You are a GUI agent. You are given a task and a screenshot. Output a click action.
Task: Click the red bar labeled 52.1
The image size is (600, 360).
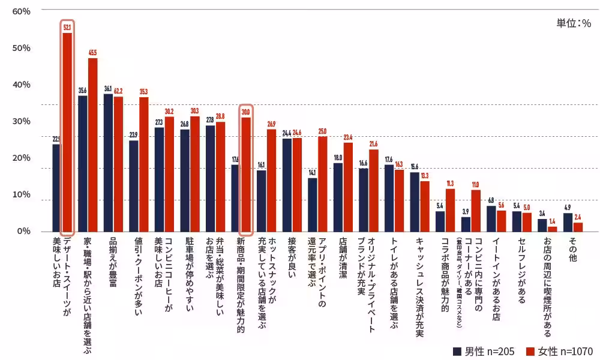coord(67,132)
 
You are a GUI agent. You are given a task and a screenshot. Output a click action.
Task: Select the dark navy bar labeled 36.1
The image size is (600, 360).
coord(108,163)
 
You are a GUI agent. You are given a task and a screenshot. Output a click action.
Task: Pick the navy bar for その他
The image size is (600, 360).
coord(568,222)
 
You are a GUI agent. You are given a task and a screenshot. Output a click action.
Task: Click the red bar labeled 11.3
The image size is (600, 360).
coord(450,210)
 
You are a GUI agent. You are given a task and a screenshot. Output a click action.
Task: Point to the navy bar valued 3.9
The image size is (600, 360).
coord(466,224)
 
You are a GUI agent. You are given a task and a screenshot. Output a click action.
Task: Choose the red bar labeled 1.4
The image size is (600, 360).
coord(552,229)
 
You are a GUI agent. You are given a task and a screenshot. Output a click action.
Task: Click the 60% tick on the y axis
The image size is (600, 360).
coord(21,11)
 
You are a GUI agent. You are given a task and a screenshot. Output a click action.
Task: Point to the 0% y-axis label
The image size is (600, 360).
coord(23,231)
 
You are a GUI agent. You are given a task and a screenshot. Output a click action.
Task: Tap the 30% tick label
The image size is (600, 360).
coord(21,121)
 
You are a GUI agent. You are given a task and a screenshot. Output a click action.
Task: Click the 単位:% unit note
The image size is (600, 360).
coord(574,23)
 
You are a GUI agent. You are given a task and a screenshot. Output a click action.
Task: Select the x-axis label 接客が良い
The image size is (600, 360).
coord(292,258)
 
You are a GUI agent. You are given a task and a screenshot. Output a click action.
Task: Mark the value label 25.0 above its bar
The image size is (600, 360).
coord(322,131)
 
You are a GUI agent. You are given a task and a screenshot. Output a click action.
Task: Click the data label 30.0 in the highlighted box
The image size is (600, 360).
coord(245,112)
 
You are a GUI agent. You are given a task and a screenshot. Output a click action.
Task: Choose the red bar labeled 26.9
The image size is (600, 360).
coord(271,180)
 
